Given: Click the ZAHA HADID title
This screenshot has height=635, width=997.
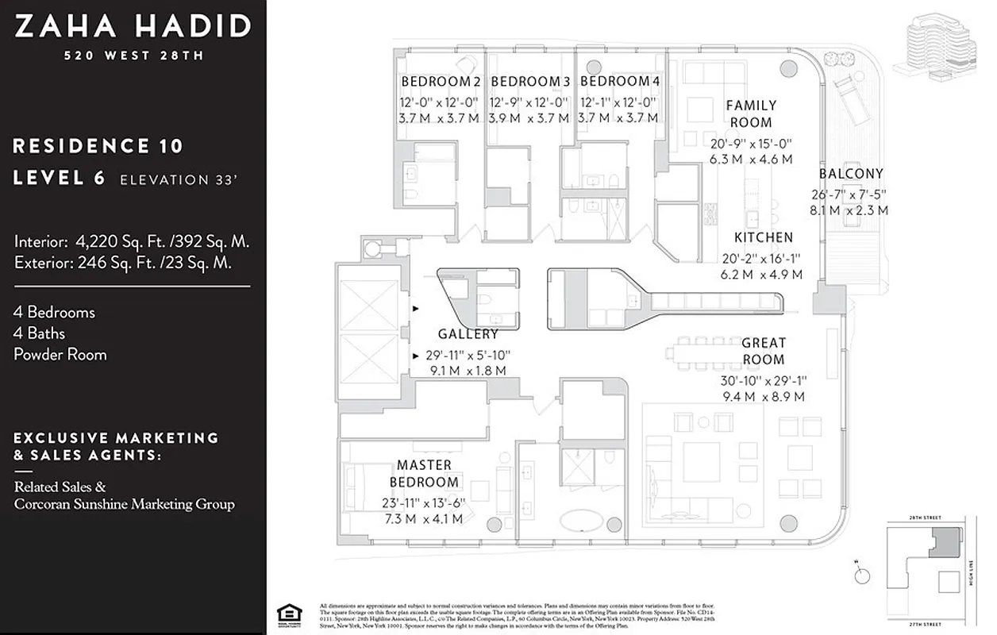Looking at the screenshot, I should click(x=133, y=26).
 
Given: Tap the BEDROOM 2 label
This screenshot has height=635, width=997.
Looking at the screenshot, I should click(x=441, y=82).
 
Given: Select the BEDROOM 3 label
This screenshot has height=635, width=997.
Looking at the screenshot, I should click(x=530, y=82).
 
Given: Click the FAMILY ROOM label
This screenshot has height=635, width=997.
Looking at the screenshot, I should click(x=751, y=114).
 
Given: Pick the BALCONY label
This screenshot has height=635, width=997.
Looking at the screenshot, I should click(x=851, y=174).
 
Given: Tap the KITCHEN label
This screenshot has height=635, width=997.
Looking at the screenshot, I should click(x=763, y=237).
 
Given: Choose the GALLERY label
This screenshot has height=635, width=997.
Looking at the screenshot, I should click(x=468, y=334).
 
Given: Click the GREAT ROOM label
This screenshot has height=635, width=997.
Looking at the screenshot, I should click(x=763, y=352).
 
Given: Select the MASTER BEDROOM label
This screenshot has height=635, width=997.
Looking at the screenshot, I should click(x=424, y=473).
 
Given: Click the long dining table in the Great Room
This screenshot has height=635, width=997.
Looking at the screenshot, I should click(x=716, y=347).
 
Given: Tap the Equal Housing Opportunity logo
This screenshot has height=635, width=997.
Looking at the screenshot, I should click(x=285, y=614).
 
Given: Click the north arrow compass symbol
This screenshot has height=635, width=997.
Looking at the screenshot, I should click(x=858, y=571).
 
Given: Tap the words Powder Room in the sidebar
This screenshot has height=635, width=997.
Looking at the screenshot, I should click(x=60, y=354).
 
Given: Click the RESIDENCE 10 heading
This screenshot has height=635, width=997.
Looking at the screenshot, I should click(x=98, y=146).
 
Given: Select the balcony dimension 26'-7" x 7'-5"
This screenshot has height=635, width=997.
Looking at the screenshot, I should click(x=849, y=194).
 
